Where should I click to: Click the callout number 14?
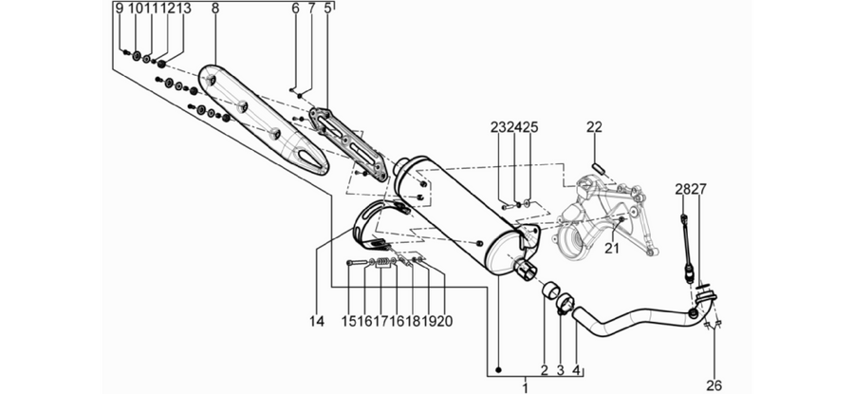click(x=316, y=322)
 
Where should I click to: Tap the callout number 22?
click(x=594, y=127)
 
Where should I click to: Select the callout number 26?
click(x=714, y=385)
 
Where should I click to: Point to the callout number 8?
click(x=214, y=9)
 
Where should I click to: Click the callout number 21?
click(x=613, y=248)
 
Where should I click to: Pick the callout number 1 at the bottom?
click(x=525, y=387)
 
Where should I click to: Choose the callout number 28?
click(x=682, y=189)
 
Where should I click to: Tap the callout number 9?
click(x=120, y=9)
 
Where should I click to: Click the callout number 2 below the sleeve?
click(x=544, y=370)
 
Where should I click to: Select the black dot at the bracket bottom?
click(x=498, y=370)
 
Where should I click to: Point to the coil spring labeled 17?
click(x=384, y=263)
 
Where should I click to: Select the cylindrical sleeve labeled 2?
click(x=549, y=291)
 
